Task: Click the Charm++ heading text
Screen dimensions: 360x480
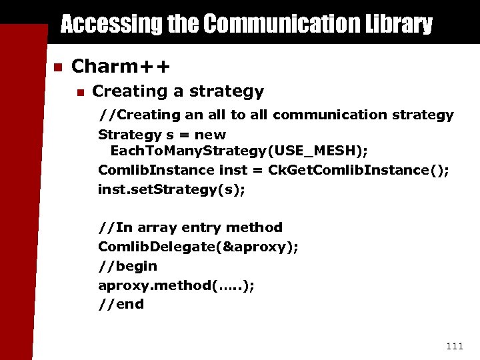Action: pos(121,66)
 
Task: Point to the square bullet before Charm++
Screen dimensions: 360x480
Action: pos(58,67)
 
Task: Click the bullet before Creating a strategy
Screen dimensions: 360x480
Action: pos(80,92)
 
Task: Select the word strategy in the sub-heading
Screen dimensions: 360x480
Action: pos(227,91)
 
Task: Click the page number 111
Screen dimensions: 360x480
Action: pos(454,345)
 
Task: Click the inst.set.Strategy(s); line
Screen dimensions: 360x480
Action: pos(171,189)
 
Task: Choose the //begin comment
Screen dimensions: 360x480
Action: pos(127,266)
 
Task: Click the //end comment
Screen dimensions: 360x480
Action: pos(121,304)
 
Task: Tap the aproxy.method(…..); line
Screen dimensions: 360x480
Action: pos(176,285)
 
